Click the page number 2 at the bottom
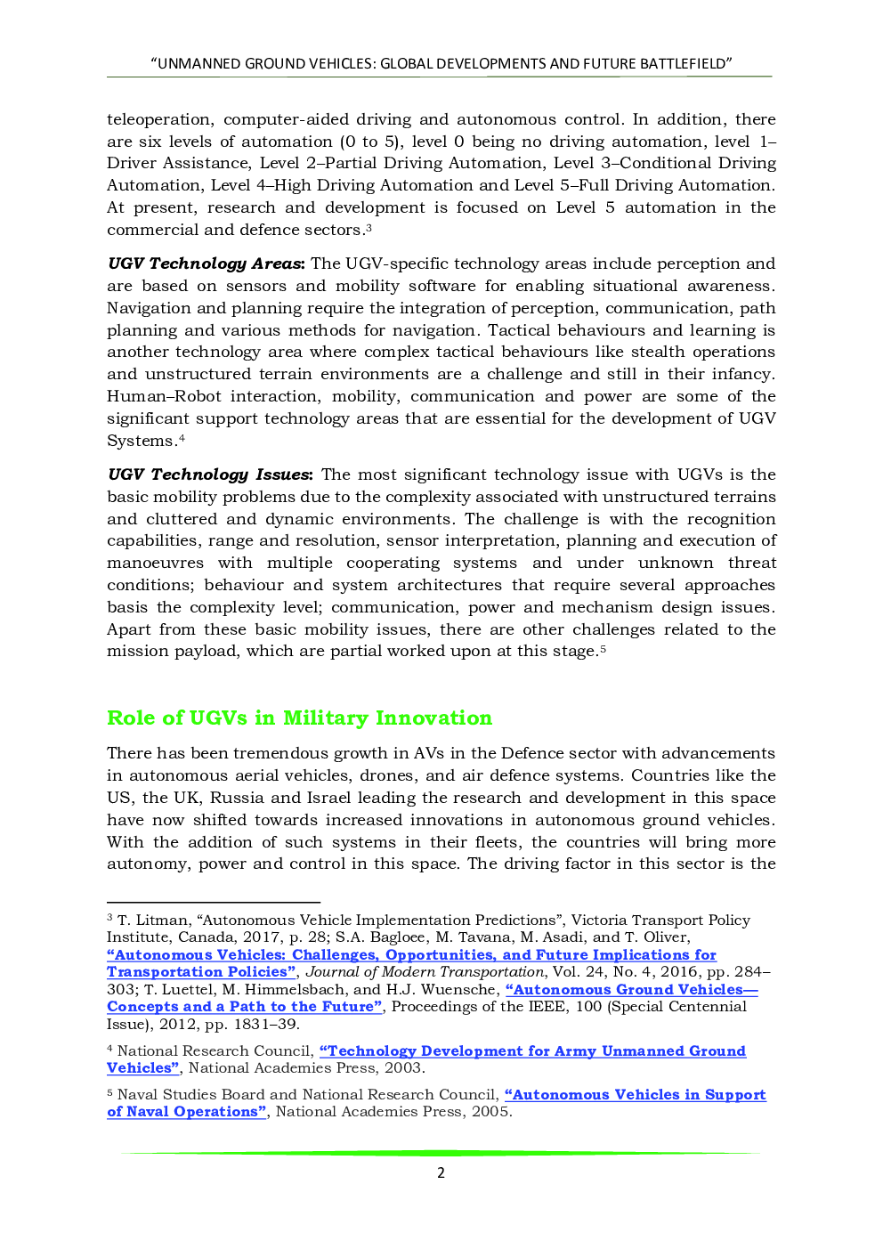tap(441, 1172)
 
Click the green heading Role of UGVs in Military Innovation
tap(299, 718)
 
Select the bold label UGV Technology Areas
tap(206, 264)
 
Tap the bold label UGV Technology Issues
tap(210, 474)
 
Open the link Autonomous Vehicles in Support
tap(636, 1094)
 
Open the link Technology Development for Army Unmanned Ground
tap(532, 1050)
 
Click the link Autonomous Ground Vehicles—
tap(631, 989)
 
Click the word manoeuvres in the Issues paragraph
tap(155, 563)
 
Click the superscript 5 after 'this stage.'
tap(603, 648)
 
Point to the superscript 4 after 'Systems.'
tap(182, 438)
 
